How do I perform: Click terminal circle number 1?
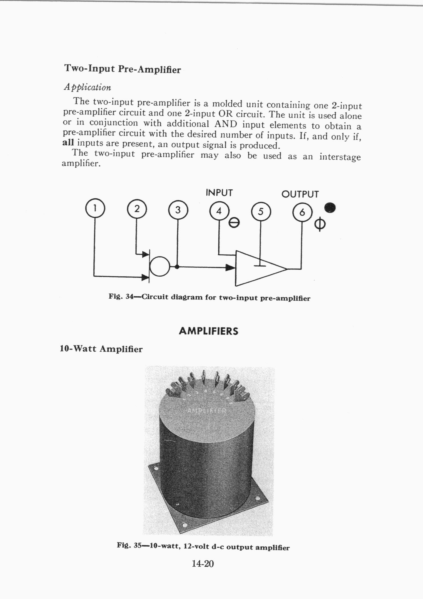[95, 208]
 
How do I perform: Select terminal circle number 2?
[137, 209]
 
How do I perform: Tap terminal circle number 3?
[178, 210]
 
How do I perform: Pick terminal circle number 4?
[219, 211]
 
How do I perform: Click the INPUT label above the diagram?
[219, 193]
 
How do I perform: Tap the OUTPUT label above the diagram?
[300, 194]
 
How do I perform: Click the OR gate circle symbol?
[160, 266]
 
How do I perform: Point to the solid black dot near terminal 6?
[330, 208]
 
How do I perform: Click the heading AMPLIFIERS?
[208, 331]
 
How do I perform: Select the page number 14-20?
[203, 564]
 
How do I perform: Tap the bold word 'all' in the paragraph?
[68, 142]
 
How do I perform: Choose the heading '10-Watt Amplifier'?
[101, 349]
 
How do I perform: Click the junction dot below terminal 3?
[177, 267]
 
